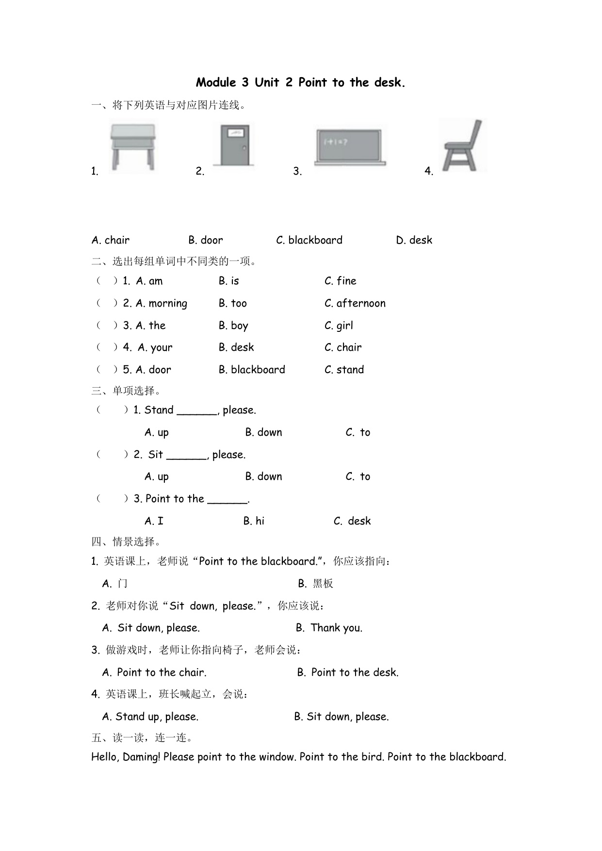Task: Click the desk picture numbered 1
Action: point(132,147)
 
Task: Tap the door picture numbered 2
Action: point(234,145)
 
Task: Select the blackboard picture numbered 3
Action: point(351,147)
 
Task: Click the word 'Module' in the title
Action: point(216,82)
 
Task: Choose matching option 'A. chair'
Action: point(111,240)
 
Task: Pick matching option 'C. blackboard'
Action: point(309,240)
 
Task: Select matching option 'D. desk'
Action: point(414,240)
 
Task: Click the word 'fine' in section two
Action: point(346,281)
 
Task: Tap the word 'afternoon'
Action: point(361,303)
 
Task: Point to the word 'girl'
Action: point(345,326)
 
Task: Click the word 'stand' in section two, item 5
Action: point(350,370)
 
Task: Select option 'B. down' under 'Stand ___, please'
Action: point(263,432)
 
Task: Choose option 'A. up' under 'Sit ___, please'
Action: point(157,477)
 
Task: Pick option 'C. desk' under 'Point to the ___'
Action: point(352,521)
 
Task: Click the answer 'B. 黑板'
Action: point(316,584)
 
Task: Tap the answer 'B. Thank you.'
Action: point(329,628)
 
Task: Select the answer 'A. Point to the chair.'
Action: point(154,672)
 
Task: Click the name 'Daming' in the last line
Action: point(141,757)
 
